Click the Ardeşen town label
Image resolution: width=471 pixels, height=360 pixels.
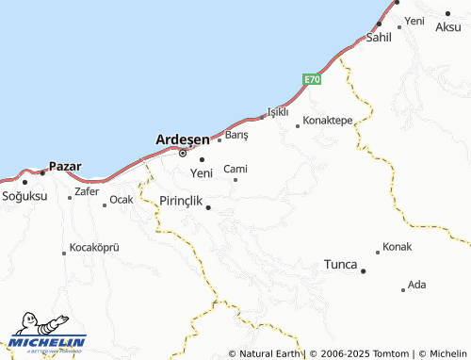182,139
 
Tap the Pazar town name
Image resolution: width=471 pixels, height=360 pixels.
64,167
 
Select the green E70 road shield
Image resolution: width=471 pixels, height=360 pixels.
313,80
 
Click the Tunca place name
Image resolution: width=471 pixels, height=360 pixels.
340,264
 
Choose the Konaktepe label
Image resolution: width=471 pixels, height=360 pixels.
328,121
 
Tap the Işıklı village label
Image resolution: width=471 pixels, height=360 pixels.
277,111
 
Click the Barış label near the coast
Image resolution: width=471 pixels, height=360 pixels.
236,136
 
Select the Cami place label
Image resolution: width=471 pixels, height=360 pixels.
235,169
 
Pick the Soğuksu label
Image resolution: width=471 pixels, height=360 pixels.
24,196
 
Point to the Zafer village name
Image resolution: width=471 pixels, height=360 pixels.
86,191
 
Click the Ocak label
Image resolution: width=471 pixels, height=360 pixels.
121,200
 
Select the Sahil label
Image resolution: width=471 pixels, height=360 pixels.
379,38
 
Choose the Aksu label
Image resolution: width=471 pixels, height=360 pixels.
448,27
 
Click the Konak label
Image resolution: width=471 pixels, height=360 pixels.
398,247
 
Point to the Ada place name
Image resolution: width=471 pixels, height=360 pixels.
417,285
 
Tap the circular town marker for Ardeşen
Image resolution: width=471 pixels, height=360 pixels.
184,154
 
